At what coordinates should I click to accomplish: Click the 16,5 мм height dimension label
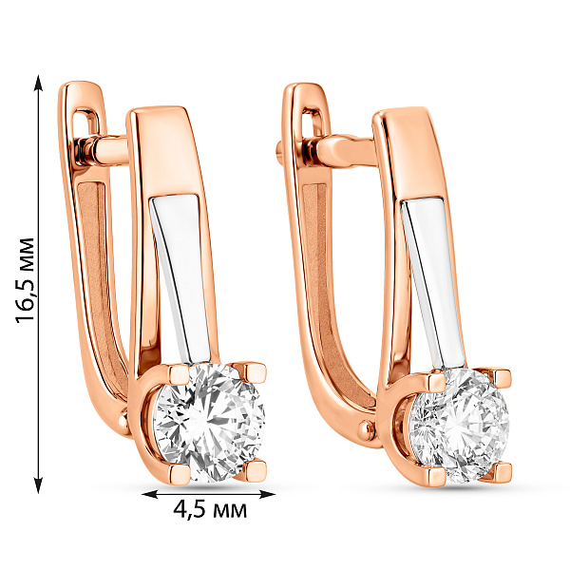[x=25, y=280]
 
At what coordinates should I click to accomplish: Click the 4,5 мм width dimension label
[x=210, y=509]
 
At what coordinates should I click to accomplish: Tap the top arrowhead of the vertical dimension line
[x=39, y=83]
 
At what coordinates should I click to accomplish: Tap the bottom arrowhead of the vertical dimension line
[x=39, y=485]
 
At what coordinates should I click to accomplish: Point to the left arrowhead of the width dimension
[x=150, y=494]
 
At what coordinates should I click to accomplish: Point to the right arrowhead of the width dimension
[x=266, y=494]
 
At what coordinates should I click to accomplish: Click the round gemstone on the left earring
[x=209, y=423]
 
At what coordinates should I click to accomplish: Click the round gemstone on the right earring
[x=459, y=426]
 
